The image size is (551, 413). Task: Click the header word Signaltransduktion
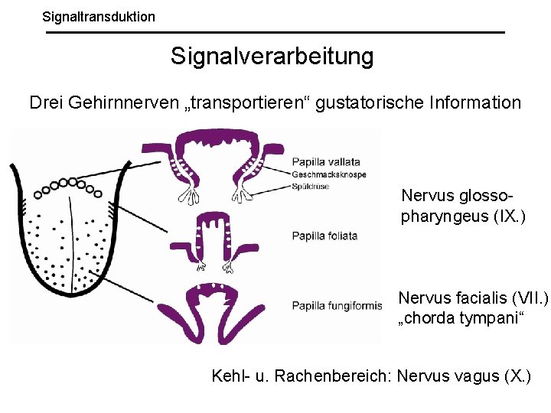click(x=98, y=15)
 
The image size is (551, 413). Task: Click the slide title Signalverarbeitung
click(x=272, y=56)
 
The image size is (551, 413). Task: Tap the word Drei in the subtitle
click(x=45, y=102)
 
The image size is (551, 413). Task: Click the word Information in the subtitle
click(x=475, y=102)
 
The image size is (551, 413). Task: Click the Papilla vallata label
click(x=325, y=162)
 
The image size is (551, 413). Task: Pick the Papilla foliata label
click(x=324, y=236)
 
